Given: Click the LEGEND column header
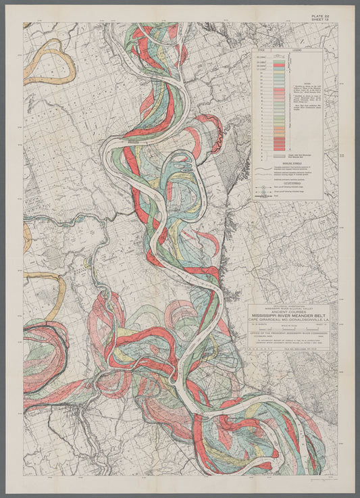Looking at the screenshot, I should [297, 50].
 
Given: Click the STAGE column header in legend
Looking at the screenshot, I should [260, 50].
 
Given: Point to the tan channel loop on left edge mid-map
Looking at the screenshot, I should [51, 287].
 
